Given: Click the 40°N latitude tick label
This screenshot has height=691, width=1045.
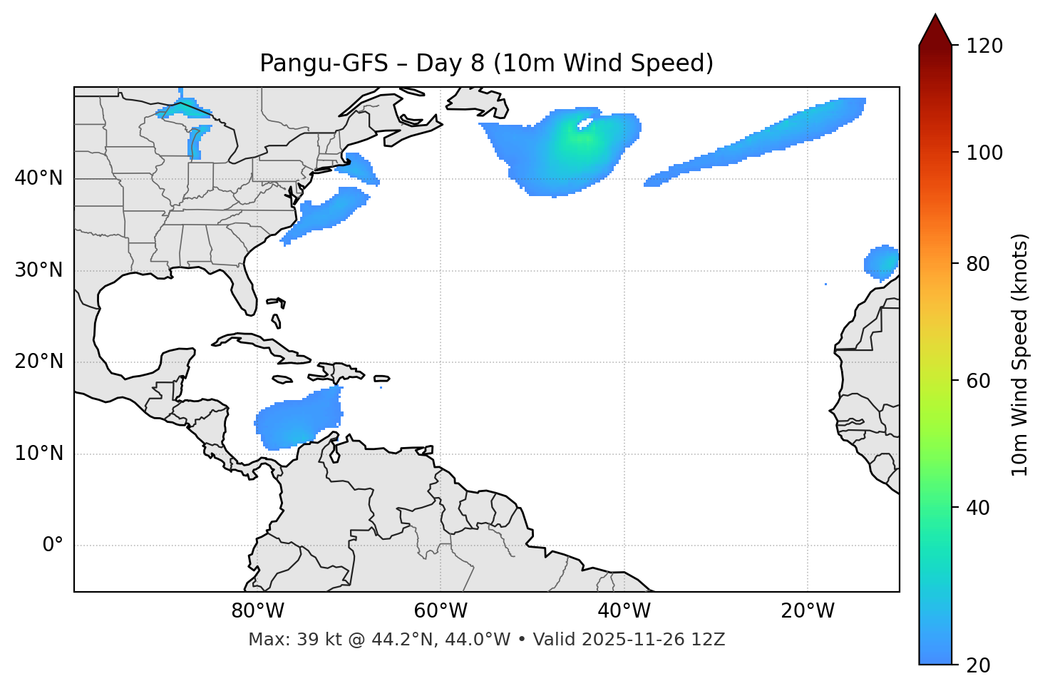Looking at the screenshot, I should tap(38, 178).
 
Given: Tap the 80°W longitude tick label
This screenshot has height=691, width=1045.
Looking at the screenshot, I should tap(257, 611).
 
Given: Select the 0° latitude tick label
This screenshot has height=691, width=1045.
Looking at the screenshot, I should tap(53, 546).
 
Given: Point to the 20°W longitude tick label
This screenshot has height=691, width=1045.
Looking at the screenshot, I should tap(808, 611).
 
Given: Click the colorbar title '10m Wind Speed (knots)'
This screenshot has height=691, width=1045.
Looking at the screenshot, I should tap(1020, 354).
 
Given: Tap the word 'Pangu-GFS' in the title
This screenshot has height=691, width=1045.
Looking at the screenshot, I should tap(324, 63).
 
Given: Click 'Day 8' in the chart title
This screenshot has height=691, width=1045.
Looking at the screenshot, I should tap(450, 63).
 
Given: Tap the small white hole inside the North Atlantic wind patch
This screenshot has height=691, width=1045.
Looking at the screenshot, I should tap(585, 124).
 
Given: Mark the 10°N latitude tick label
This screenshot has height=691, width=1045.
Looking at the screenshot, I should tap(38, 454).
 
